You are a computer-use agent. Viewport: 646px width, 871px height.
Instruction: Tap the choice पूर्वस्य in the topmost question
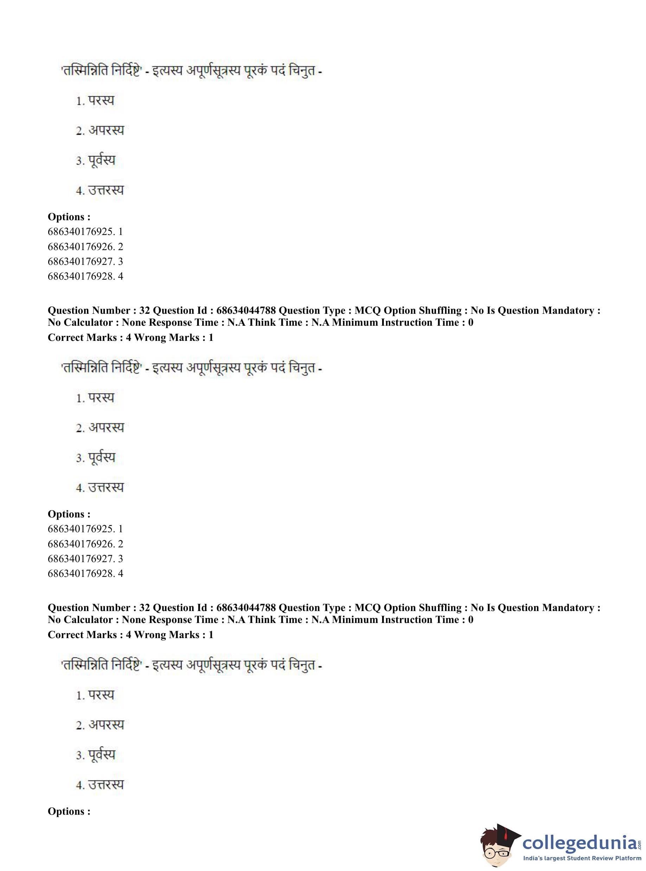pos(101,160)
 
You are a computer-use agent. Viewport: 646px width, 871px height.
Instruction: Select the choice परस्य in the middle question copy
pos(101,398)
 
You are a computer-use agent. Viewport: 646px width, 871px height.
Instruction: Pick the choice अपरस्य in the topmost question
pos(106,131)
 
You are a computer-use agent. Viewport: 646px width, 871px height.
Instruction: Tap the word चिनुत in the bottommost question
pos(302,665)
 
